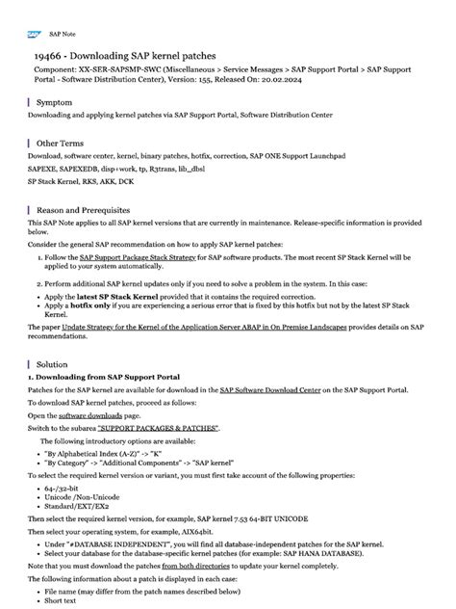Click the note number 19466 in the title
[x=49, y=57]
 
